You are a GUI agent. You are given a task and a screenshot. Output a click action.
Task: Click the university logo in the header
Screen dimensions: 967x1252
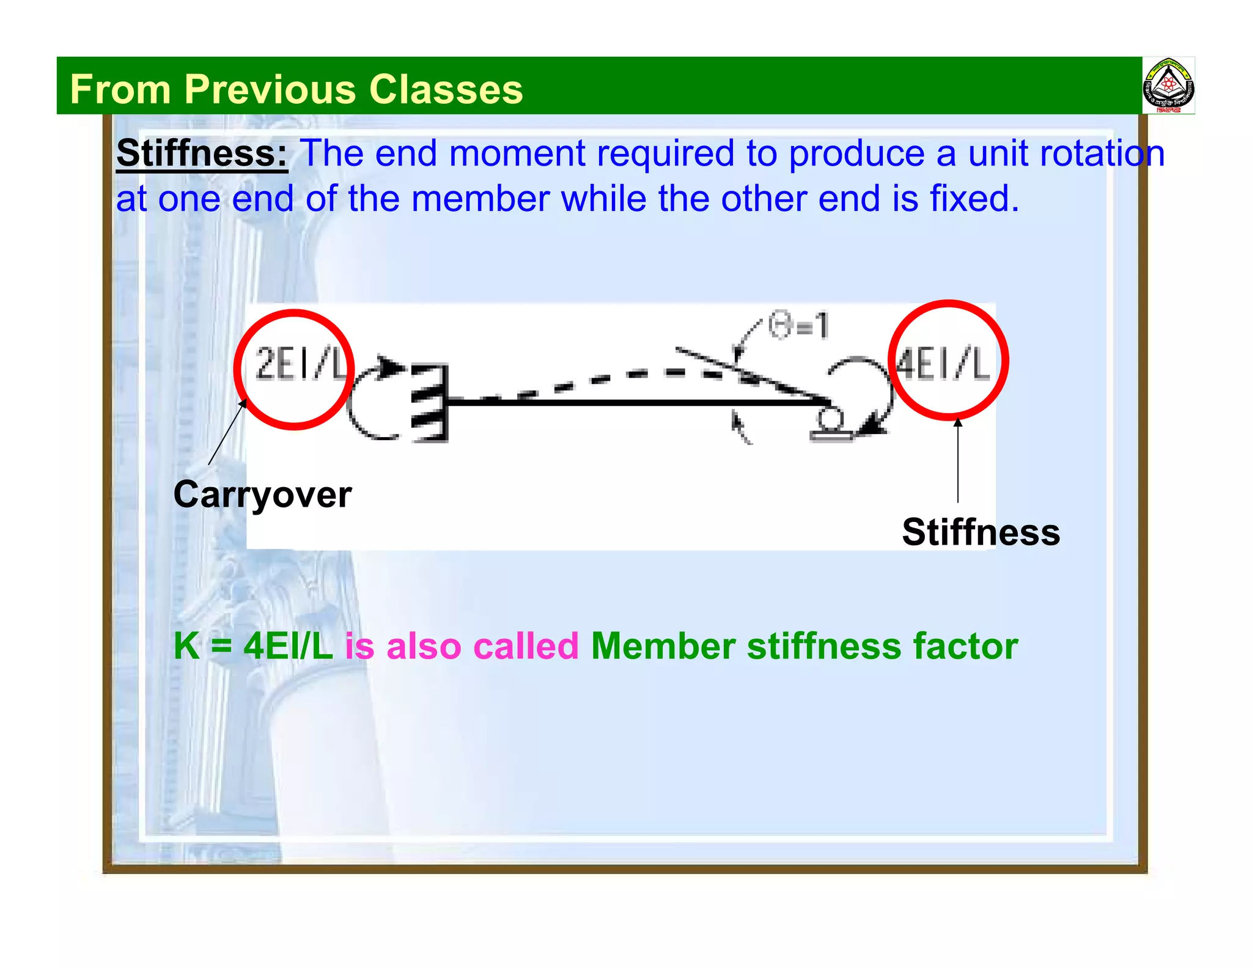pos(1168,86)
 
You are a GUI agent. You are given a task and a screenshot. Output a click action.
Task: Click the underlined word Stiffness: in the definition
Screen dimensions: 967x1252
pos(202,153)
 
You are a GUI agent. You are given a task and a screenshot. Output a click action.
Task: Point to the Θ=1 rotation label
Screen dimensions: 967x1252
pos(798,325)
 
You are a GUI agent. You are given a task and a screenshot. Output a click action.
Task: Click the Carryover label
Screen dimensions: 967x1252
pos(262,494)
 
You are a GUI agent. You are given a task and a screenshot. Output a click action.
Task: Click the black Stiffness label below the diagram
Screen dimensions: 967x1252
pos(981,532)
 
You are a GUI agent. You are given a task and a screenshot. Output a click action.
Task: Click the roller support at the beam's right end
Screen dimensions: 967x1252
pos(830,425)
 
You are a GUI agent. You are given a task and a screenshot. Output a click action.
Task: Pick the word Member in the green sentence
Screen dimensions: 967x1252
pos(663,646)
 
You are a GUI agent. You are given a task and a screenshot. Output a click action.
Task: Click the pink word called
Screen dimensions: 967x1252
pos(526,646)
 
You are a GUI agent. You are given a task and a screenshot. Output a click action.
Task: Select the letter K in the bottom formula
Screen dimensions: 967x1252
pos(186,646)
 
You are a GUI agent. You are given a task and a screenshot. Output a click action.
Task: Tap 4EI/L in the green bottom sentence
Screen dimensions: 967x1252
pos(288,646)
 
